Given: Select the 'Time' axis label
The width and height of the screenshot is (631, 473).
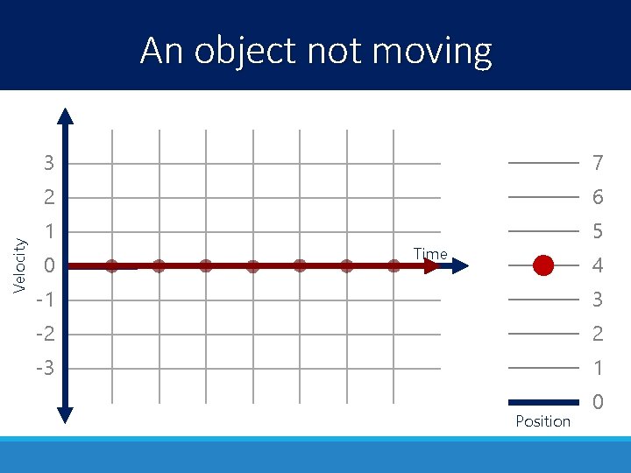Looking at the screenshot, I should coord(430,254).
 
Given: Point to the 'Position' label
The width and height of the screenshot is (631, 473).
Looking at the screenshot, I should coord(542,421).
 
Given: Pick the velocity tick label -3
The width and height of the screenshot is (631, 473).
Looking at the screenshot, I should coord(46,368).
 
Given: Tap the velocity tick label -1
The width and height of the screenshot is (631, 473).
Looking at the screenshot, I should coord(46,300).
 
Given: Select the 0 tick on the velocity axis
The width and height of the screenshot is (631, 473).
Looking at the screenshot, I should coord(50,265).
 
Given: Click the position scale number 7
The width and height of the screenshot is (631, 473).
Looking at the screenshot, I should coord(598,163).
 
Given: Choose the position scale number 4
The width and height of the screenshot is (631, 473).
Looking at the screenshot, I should coord(598,265).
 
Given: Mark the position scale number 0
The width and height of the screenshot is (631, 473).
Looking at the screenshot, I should coord(598,402).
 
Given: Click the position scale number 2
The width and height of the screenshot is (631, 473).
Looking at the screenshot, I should coord(598,334).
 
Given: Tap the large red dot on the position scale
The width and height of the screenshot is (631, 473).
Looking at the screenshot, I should coord(543,265).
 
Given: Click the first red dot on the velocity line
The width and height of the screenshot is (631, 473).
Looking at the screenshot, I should coord(111,266).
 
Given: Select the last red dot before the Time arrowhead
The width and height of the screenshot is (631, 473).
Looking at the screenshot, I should coord(393,266).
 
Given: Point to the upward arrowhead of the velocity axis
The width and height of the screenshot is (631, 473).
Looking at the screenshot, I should coord(66,114).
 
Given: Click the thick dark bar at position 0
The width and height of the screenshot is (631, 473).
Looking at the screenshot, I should coord(543,402).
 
